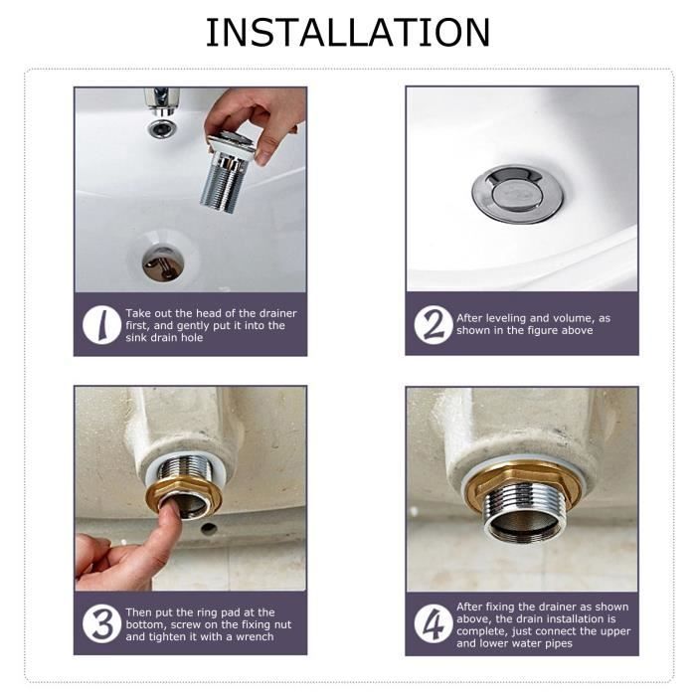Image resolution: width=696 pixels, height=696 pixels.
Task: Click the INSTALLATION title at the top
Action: [x=347, y=32]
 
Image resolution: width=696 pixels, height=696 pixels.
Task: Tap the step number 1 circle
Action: [x=100, y=325]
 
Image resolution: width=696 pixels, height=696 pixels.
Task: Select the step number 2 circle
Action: [x=433, y=325]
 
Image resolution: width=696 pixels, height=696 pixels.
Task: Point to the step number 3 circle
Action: [x=100, y=623]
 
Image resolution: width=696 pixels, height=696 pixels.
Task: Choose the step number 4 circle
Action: [x=433, y=623]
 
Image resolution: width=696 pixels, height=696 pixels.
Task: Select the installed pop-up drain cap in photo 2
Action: [x=516, y=192]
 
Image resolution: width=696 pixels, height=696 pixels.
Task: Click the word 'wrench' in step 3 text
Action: [x=251, y=636]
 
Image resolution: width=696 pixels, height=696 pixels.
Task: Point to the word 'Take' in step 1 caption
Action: [x=138, y=313]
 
